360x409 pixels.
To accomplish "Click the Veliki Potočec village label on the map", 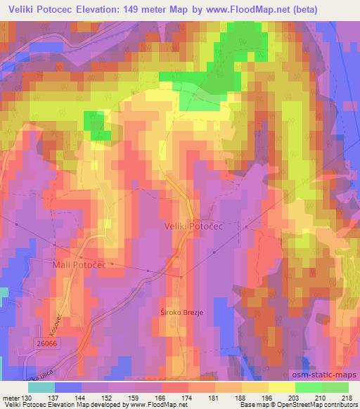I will click(x=192, y=226).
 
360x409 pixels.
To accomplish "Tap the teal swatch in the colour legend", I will click(x=41, y=387).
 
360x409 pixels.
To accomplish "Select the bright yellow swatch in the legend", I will click(x=282, y=387).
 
